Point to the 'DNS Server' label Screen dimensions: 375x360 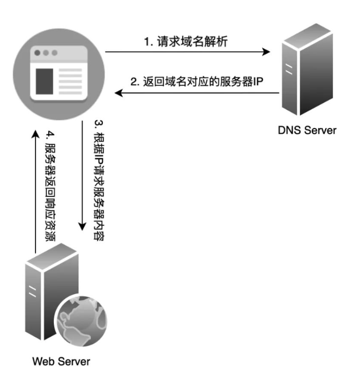(307, 130)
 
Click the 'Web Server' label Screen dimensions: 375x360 (61, 361)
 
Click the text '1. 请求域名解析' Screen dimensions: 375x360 (186, 41)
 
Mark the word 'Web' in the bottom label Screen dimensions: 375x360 (43, 361)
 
